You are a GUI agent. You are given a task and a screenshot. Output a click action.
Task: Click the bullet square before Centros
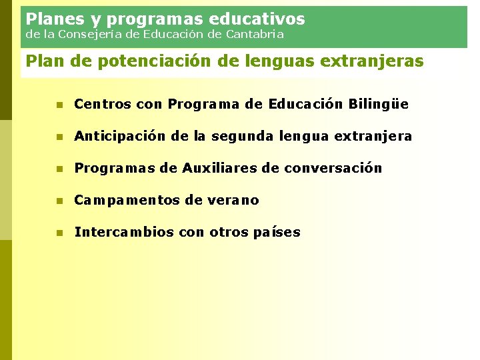pyautogui.click(x=59, y=105)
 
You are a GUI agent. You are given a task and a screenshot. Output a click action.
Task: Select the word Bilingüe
pyautogui.click(x=379, y=105)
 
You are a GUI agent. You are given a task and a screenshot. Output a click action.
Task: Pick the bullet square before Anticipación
pyautogui.click(x=59, y=137)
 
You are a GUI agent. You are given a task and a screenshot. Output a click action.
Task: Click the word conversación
pyautogui.click(x=333, y=168)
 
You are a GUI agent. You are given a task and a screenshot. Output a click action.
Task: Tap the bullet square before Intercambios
pyautogui.click(x=59, y=233)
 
